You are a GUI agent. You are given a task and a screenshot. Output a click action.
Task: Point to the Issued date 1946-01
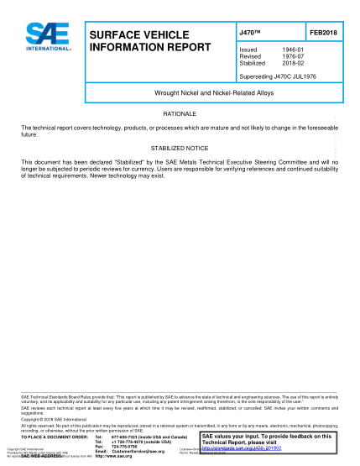coord(293,50)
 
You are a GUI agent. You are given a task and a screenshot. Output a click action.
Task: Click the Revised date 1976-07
coord(293,56)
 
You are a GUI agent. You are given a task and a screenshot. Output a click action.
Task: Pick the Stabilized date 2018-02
coord(293,62)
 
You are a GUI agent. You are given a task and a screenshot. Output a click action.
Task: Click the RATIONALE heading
coord(179,112)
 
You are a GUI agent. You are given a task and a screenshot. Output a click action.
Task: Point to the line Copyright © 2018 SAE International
coord(57,417)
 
